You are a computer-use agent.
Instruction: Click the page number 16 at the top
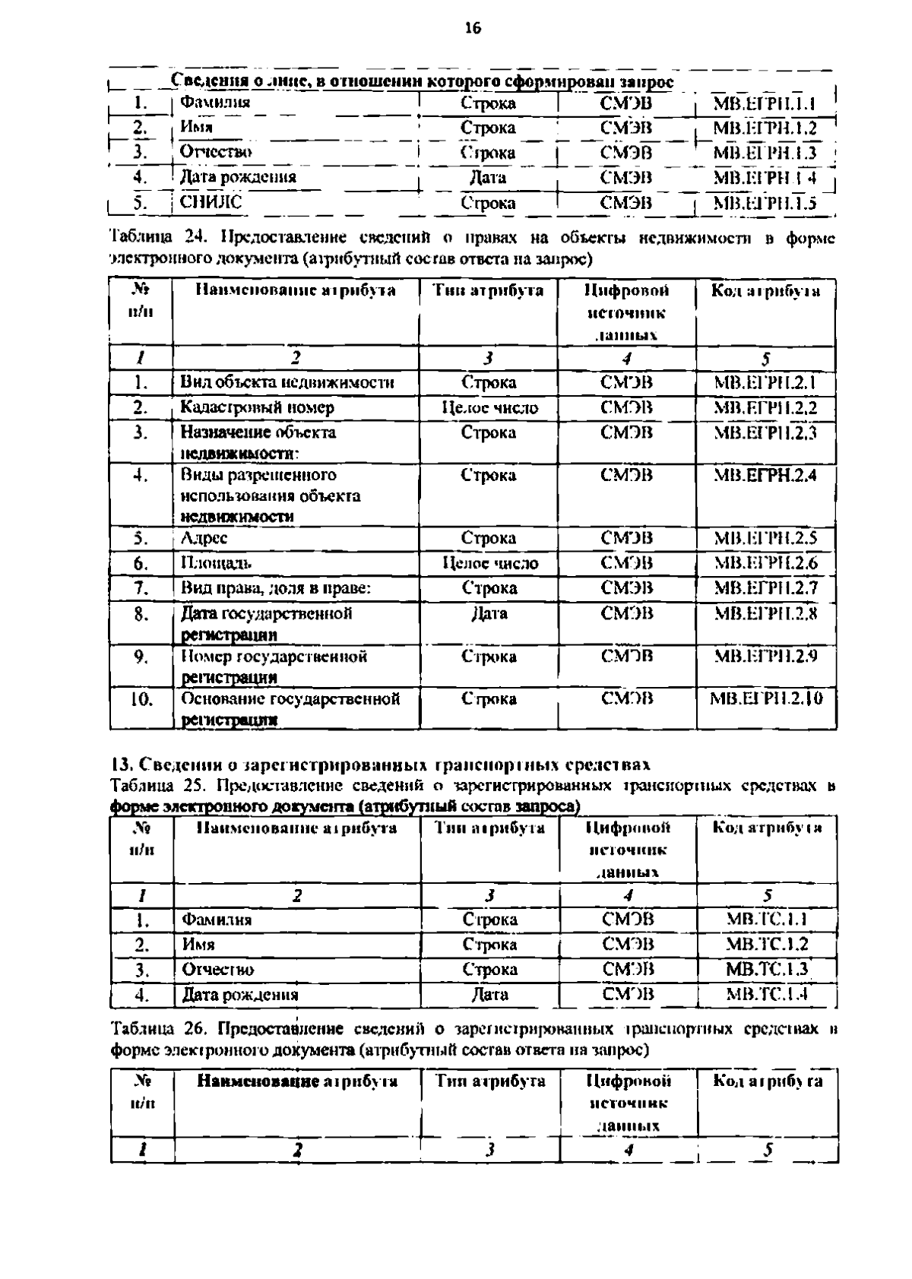pyautogui.click(x=472, y=29)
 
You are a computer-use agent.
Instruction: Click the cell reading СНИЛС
pyautogui.click(x=211, y=202)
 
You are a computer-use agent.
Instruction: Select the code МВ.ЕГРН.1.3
pyautogui.click(x=765, y=153)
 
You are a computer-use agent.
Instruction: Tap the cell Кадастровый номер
pyautogui.click(x=257, y=407)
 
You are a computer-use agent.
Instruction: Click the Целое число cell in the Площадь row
pyautogui.click(x=489, y=563)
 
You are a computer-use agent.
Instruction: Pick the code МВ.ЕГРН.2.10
pyautogui.click(x=765, y=698)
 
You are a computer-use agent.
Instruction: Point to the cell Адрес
pyautogui.click(x=204, y=538)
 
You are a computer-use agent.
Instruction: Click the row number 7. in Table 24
pyautogui.click(x=141, y=588)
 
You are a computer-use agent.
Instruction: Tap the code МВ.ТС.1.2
pyautogui.click(x=767, y=945)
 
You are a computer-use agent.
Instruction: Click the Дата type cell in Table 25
pyautogui.click(x=489, y=994)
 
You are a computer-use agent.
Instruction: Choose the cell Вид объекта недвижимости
pyautogui.click(x=287, y=382)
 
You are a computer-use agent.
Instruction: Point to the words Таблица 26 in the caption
pyautogui.click(x=156, y=1030)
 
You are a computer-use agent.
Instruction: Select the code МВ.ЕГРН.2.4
pyautogui.click(x=765, y=476)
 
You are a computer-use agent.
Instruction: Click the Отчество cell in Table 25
pyautogui.click(x=218, y=970)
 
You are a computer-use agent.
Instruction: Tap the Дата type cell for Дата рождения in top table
pyautogui.click(x=488, y=178)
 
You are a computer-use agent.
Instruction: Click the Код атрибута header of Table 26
pyautogui.click(x=768, y=1081)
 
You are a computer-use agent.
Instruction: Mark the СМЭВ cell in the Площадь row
pyautogui.click(x=627, y=563)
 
